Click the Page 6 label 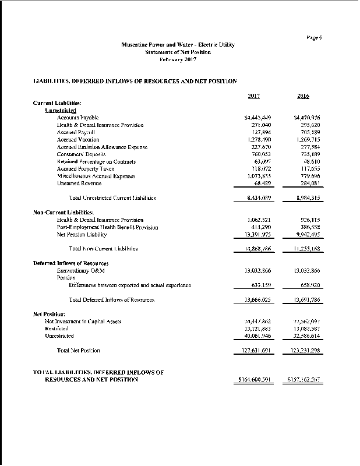[313, 38]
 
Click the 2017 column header [253, 96]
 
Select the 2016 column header [302, 96]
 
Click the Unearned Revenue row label [79, 183]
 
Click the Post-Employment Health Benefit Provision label [108, 227]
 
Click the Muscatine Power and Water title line [178, 45]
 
